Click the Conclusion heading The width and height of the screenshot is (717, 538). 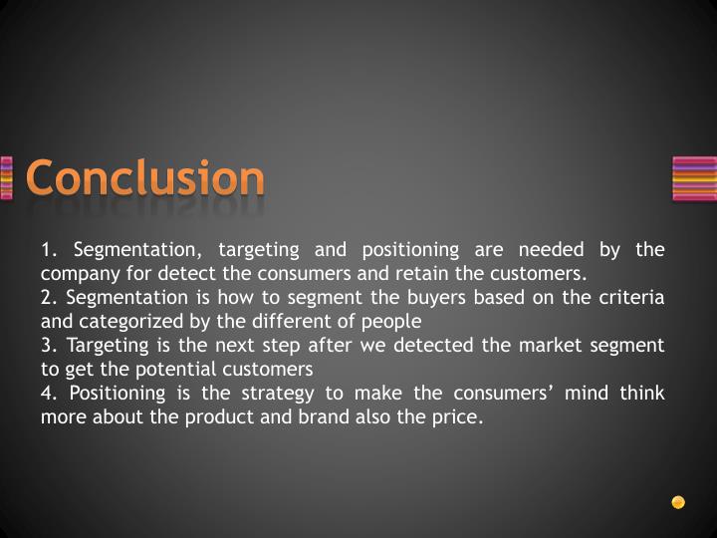point(145,178)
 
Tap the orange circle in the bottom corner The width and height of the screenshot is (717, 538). point(678,502)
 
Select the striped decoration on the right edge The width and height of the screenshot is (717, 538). point(694,179)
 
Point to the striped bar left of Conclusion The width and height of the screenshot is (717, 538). point(6,179)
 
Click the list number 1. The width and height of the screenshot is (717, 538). point(47,249)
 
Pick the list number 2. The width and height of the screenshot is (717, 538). point(47,297)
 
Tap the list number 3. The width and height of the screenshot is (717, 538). point(47,345)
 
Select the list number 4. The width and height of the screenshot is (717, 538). point(47,393)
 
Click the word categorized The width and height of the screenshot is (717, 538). point(126,322)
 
